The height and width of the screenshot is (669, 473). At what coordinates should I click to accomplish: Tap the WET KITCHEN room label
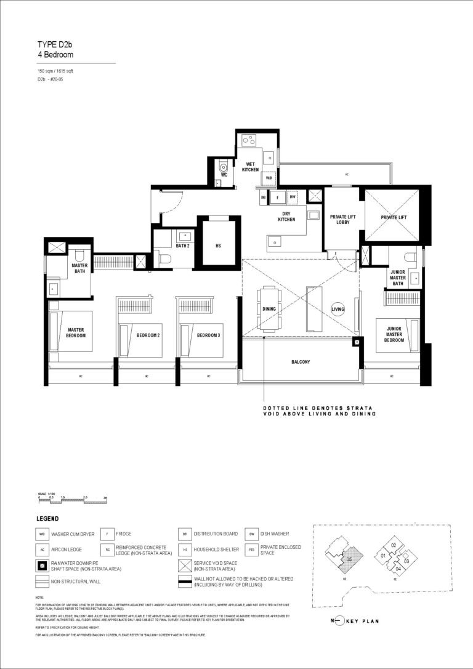(250, 167)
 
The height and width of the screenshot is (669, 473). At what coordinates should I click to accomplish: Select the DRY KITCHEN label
(286, 216)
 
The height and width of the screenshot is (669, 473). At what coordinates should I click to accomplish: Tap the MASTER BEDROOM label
(76, 332)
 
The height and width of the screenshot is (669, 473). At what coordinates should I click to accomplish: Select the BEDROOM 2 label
(148, 335)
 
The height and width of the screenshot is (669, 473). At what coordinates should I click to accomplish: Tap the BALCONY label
(301, 362)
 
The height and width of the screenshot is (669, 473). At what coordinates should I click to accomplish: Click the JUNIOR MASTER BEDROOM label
(394, 334)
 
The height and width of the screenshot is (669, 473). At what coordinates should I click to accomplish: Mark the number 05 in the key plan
(349, 559)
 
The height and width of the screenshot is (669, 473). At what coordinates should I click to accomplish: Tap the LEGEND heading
(47, 518)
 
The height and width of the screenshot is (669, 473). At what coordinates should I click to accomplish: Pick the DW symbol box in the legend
(251, 534)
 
